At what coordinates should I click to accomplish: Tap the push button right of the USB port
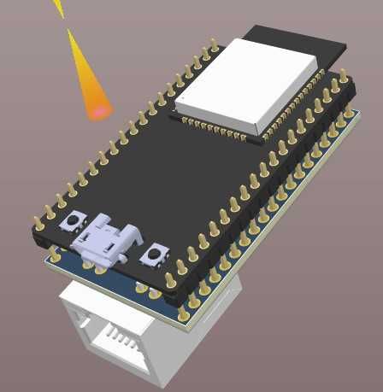[x=156, y=253]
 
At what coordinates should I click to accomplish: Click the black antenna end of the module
[x=291, y=43]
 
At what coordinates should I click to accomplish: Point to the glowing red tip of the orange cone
[x=98, y=110]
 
